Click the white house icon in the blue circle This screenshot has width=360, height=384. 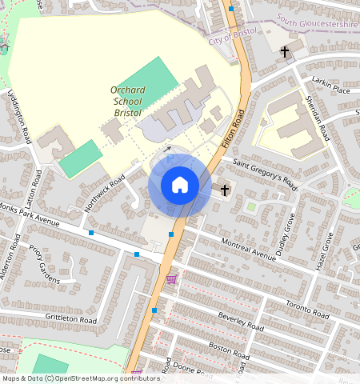tap(180, 186)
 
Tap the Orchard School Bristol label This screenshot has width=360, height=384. tap(127, 102)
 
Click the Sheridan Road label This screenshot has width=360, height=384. tap(318, 119)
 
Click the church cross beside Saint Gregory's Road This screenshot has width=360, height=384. tap(225, 190)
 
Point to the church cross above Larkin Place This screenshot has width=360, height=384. tap(285, 52)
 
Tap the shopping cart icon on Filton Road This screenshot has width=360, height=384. tap(171, 279)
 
